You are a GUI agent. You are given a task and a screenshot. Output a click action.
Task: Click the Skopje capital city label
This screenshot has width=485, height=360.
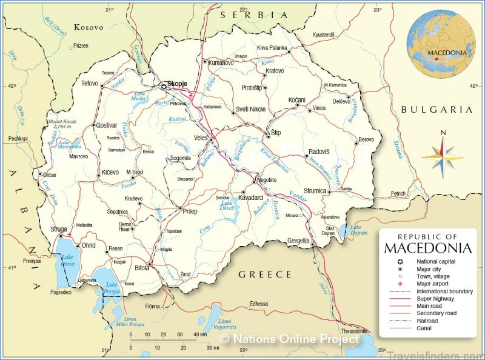(x=177, y=84)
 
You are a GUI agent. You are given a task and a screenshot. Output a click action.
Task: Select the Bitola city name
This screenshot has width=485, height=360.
(x=141, y=268)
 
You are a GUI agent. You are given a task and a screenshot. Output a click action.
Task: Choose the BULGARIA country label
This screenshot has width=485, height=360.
(x=436, y=110)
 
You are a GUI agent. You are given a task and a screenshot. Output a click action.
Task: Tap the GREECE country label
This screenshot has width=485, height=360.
(x=265, y=275)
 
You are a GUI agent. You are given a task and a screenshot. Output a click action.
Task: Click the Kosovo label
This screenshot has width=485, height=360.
(x=89, y=27)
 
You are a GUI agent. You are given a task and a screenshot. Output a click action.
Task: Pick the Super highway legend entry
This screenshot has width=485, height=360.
(x=435, y=299)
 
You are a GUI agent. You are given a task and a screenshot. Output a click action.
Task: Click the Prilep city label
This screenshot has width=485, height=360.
(x=189, y=210)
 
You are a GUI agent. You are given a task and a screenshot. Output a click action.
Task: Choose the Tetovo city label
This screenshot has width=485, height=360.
(x=89, y=83)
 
